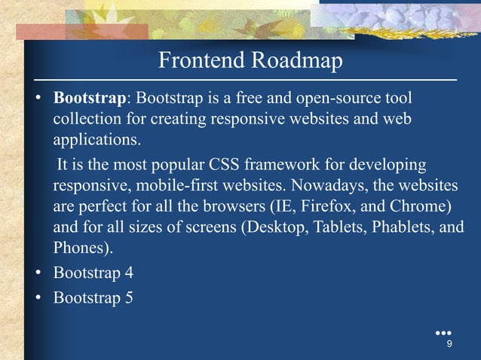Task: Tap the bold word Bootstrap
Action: click(89, 99)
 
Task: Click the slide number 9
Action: click(449, 345)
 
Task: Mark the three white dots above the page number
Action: click(444, 332)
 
